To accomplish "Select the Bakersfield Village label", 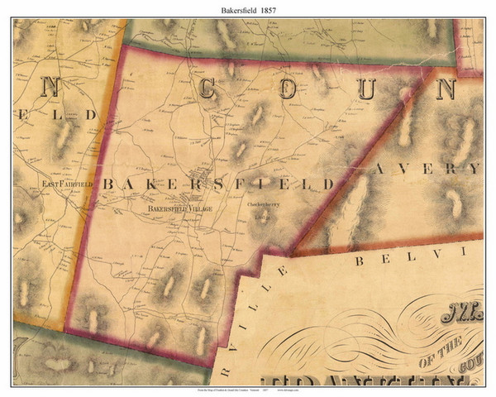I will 179,208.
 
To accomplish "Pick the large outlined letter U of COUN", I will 366,87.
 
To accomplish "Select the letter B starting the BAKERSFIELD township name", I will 107,183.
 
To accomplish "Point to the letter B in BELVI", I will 360,261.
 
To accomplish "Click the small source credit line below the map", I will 248,389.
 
